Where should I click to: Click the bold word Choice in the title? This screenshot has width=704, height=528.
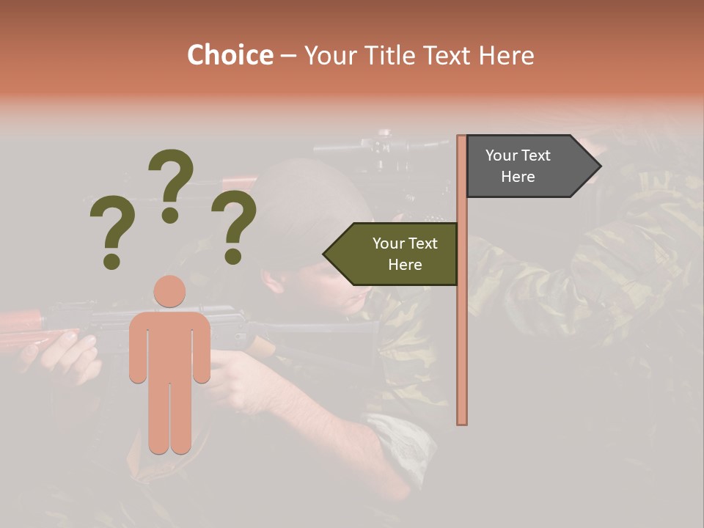(x=230, y=55)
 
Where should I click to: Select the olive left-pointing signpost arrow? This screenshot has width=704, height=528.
(x=396, y=254)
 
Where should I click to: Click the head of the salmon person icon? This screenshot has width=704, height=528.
(x=169, y=291)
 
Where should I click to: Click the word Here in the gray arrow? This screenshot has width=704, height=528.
(x=518, y=177)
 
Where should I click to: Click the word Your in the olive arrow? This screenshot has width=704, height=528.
(x=389, y=243)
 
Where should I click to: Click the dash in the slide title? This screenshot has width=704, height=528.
(x=288, y=56)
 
